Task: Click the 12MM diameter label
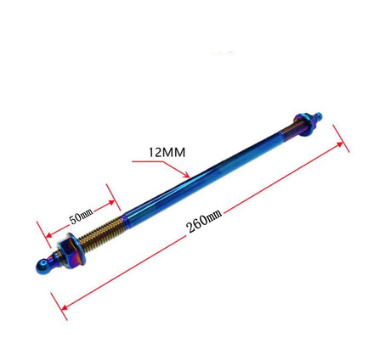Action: pos(167,152)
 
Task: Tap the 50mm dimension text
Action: pos(82,216)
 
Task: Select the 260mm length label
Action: pos(204,222)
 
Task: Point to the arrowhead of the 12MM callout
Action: pos(186,175)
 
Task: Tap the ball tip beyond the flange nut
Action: pos(318,115)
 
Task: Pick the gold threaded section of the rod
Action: pos(100,230)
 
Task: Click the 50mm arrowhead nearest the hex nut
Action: pos(48,235)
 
